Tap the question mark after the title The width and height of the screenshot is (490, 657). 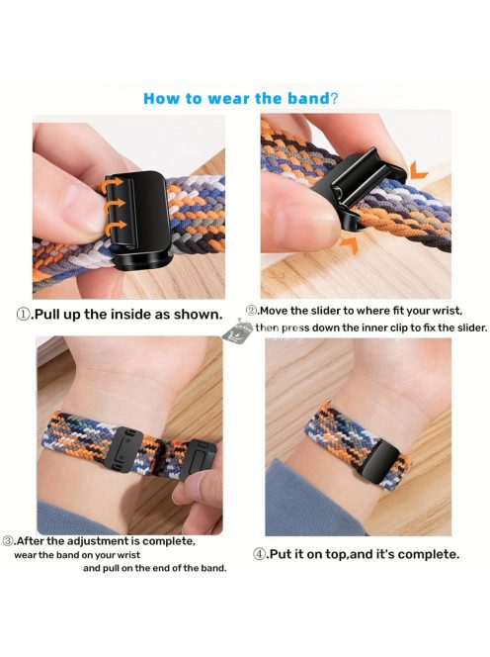pos(334,99)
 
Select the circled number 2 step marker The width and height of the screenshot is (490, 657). pos(251,311)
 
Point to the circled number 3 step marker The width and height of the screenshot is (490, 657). pos(8,541)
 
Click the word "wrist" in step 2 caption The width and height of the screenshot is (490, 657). pos(448,312)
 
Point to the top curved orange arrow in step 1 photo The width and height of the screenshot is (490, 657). pos(114,185)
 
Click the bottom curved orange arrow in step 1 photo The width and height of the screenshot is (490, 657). pos(115,227)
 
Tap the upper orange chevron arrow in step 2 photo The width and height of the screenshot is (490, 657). pos(419,171)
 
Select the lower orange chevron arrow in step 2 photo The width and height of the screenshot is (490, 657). pos(351,244)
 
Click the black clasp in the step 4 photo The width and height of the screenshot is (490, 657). pos(380,464)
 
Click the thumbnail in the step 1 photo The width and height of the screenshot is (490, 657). pos(74,207)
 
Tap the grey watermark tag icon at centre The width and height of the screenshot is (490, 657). pos(237,331)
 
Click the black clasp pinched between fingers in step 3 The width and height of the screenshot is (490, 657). pos(203,459)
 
